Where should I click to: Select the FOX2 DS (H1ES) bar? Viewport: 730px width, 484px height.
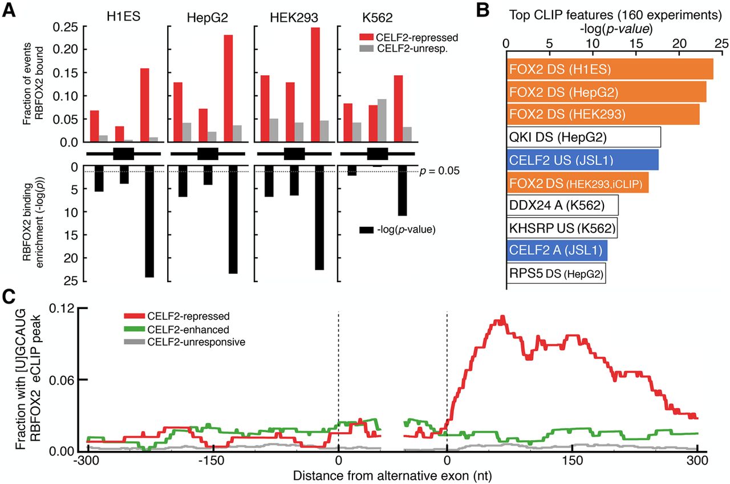pos(609,70)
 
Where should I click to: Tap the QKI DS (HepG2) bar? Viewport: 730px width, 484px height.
pos(583,137)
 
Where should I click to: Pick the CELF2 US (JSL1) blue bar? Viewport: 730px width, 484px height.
pos(582,160)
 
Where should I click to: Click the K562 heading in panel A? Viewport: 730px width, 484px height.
pos(376,17)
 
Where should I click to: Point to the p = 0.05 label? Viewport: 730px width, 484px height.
pos(437,171)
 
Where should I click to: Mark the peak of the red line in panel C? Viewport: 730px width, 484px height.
pos(502,318)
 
